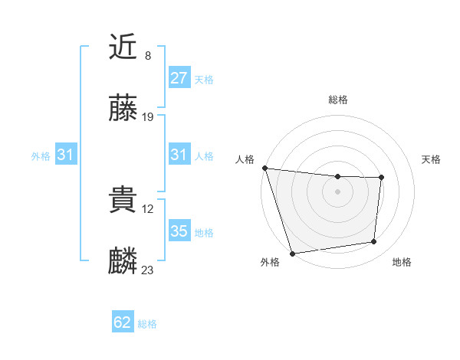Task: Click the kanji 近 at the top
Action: (x=123, y=48)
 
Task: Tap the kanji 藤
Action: (x=123, y=109)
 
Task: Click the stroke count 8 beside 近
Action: (x=148, y=56)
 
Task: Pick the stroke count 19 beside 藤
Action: (x=148, y=116)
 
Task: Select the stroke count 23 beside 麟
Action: (x=148, y=270)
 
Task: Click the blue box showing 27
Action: (x=179, y=78)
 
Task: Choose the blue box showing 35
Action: (x=179, y=231)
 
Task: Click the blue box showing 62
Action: (x=123, y=322)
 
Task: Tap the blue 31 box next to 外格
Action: (x=65, y=155)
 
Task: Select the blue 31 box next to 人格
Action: (x=179, y=155)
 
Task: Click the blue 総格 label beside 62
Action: (x=147, y=324)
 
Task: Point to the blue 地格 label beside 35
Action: (x=204, y=233)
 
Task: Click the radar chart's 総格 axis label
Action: (x=338, y=100)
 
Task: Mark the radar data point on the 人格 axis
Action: (x=264, y=168)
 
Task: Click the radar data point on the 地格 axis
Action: (x=374, y=242)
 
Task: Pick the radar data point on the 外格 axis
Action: (x=292, y=253)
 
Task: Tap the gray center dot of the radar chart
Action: (x=337, y=191)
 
